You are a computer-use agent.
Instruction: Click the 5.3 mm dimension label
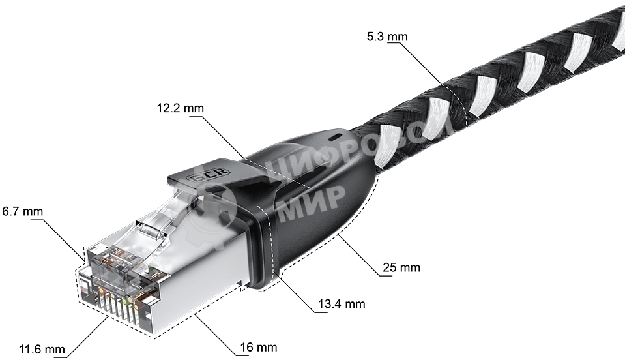point(387,37)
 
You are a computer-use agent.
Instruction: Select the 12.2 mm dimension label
point(180,108)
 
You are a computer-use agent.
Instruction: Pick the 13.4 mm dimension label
point(341,304)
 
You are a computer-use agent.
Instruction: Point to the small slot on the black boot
point(335,138)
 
